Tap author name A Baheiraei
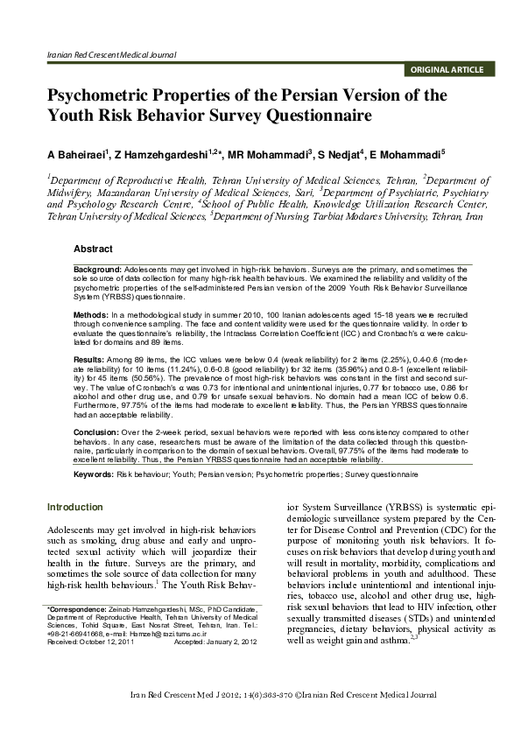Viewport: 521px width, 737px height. coord(79,155)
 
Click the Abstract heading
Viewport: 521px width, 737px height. coord(92,249)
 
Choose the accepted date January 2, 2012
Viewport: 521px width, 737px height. coord(232,642)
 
